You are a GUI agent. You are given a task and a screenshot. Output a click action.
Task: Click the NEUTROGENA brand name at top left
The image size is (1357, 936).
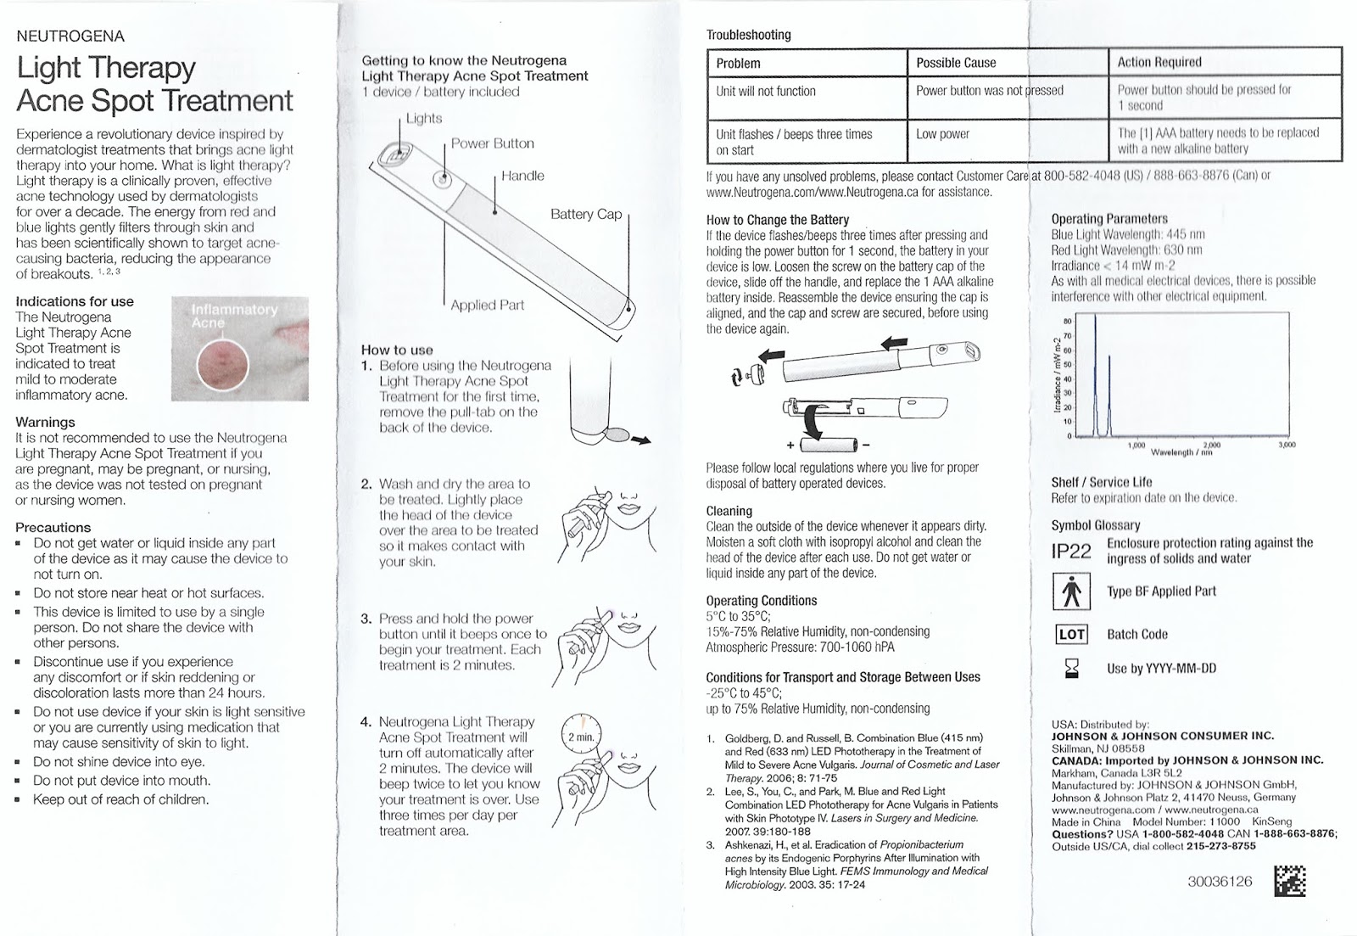tap(70, 36)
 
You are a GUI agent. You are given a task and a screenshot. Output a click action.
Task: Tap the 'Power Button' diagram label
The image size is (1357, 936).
tap(492, 143)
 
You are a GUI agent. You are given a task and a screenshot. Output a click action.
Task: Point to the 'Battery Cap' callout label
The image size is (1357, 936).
tap(586, 214)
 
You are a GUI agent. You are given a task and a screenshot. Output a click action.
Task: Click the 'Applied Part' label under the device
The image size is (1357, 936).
tap(487, 305)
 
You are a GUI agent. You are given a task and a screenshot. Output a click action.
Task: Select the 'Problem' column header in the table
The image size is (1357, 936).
tap(738, 63)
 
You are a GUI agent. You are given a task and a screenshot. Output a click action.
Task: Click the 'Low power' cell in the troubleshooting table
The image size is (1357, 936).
tap(942, 134)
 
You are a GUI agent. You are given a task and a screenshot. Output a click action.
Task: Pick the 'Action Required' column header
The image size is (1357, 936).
tap(1159, 62)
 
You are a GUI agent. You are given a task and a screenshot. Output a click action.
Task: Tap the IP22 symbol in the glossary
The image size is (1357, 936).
tap(1071, 552)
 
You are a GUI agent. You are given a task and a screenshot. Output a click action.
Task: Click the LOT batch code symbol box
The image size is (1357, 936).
tap(1071, 634)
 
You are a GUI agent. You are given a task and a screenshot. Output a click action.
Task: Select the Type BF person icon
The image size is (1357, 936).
tap(1071, 591)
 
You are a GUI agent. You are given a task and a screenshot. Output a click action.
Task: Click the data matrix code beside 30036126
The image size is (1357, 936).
tap(1289, 880)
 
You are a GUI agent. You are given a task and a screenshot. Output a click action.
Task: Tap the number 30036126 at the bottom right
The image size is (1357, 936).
tap(1220, 881)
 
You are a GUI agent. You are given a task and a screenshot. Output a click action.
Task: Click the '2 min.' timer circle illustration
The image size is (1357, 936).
tap(581, 736)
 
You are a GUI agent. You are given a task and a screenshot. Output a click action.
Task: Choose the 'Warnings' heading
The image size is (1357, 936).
tap(45, 422)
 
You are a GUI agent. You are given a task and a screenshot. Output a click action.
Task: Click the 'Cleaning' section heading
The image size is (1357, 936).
tap(729, 511)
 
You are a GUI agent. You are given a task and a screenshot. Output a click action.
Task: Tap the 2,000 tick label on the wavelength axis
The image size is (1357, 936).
tap(1211, 445)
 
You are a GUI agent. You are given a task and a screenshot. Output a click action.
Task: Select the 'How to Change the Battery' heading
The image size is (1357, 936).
tap(777, 220)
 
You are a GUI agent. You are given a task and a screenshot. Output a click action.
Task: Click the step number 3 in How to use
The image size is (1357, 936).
tap(366, 619)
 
